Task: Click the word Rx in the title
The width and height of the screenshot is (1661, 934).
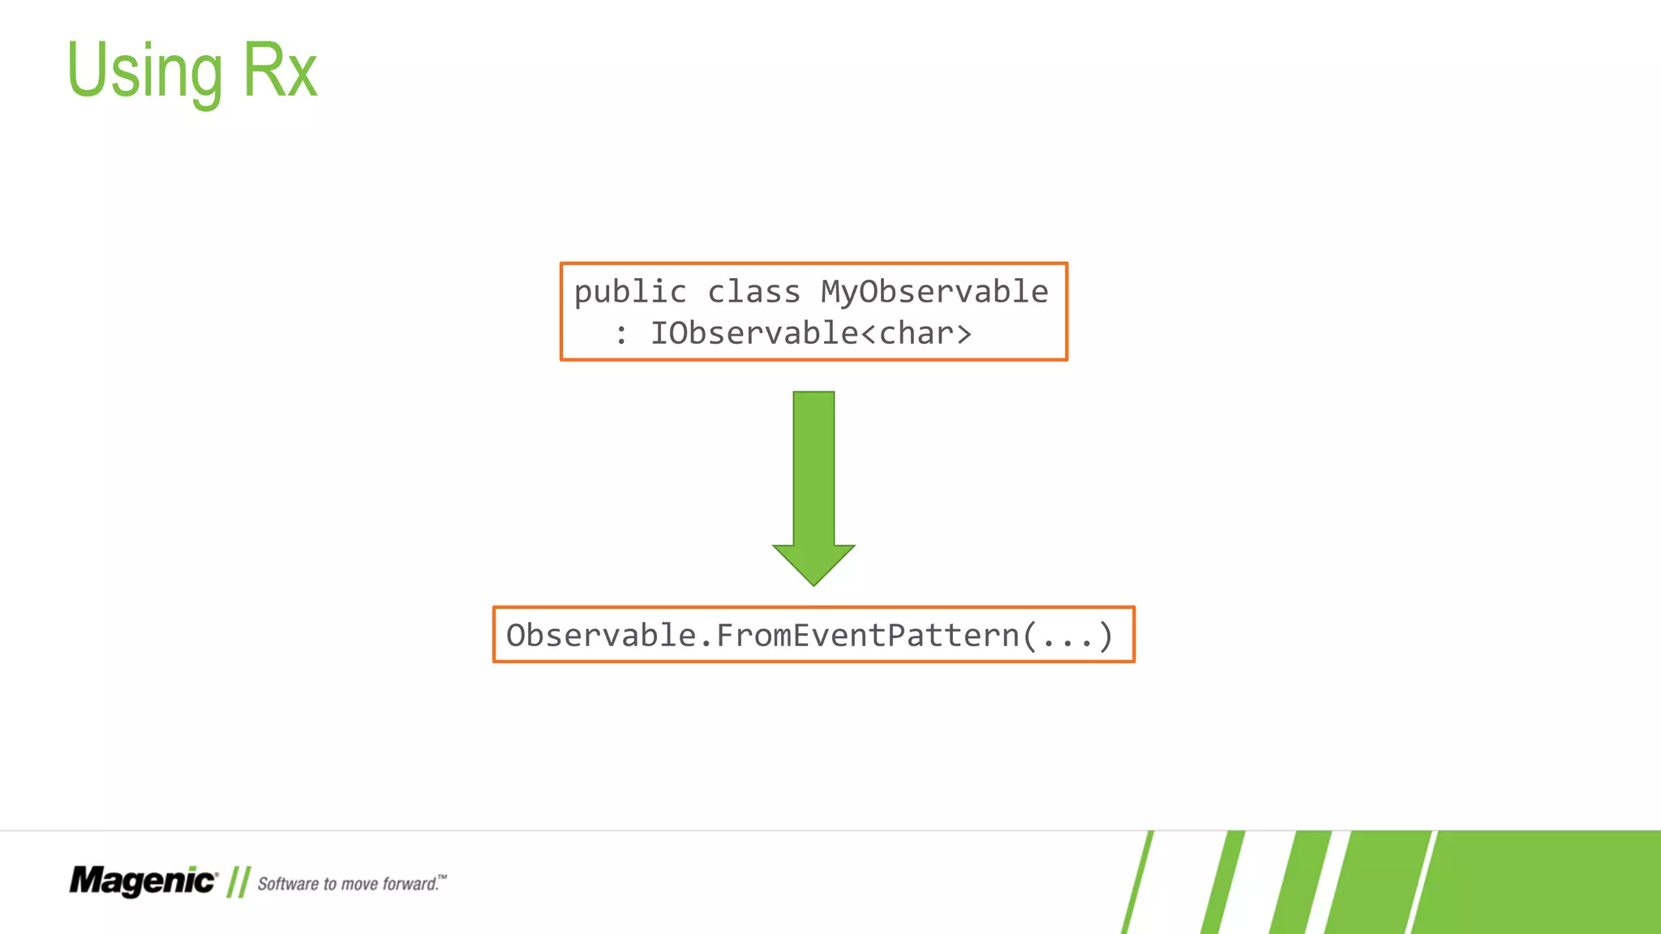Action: [280, 71]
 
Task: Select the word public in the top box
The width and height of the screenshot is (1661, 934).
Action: [630, 292]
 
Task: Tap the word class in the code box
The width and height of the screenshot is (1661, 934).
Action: [753, 292]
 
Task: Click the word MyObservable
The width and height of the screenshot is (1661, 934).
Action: [934, 292]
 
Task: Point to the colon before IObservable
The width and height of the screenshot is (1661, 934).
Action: [621, 334]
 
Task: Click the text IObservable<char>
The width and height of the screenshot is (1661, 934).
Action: [810, 333]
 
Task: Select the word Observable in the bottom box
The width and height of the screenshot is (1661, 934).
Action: [601, 635]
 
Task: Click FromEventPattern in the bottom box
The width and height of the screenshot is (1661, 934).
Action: [868, 635]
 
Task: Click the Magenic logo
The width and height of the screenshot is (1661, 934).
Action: [144, 881]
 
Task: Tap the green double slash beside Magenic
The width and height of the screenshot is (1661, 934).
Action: [238, 882]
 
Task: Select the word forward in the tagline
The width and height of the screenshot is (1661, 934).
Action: [410, 884]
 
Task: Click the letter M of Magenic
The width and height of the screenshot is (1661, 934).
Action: [85, 880]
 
